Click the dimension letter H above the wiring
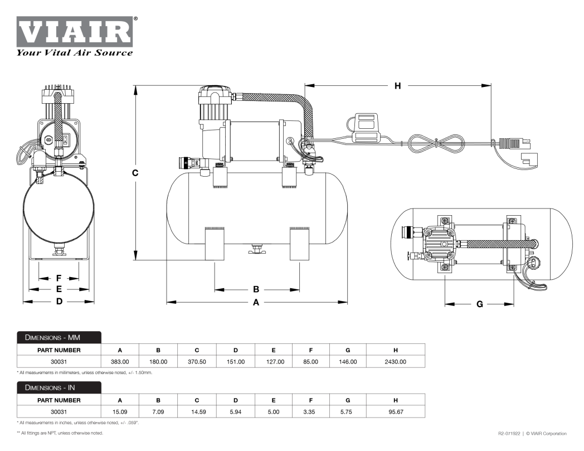(397, 86)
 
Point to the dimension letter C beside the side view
(135, 173)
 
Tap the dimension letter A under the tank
(256, 302)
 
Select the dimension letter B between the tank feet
(256, 289)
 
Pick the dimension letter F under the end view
(59, 278)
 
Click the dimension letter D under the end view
(59, 302)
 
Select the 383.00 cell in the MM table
(120, 362)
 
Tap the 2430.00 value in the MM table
(395, 362)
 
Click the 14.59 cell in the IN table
(197, 411)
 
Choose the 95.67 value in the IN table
(395, 411)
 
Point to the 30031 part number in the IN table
(59, 411)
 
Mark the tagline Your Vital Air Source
(75, 53)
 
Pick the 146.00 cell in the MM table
(347, 362)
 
